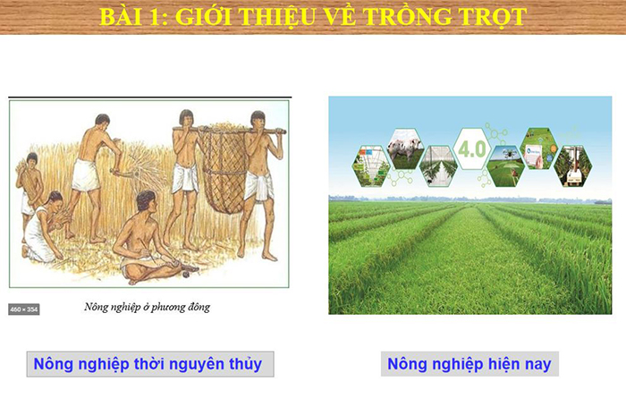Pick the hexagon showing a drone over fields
click(506, 165)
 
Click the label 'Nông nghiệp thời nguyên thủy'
click(148, 364)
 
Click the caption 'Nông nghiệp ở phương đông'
click(147, 308)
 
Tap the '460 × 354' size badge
click(24, 309)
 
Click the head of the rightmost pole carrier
click(257, 121)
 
